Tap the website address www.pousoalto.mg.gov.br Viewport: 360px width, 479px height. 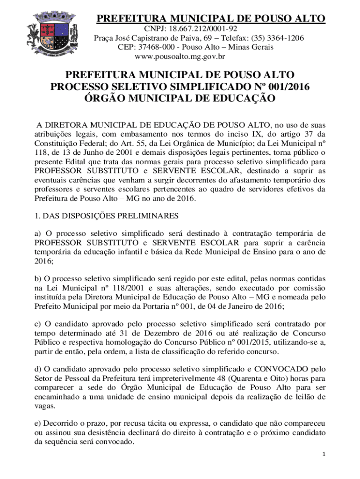[x=180, y=57]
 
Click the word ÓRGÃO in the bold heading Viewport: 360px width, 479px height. [x=109, y=98]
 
